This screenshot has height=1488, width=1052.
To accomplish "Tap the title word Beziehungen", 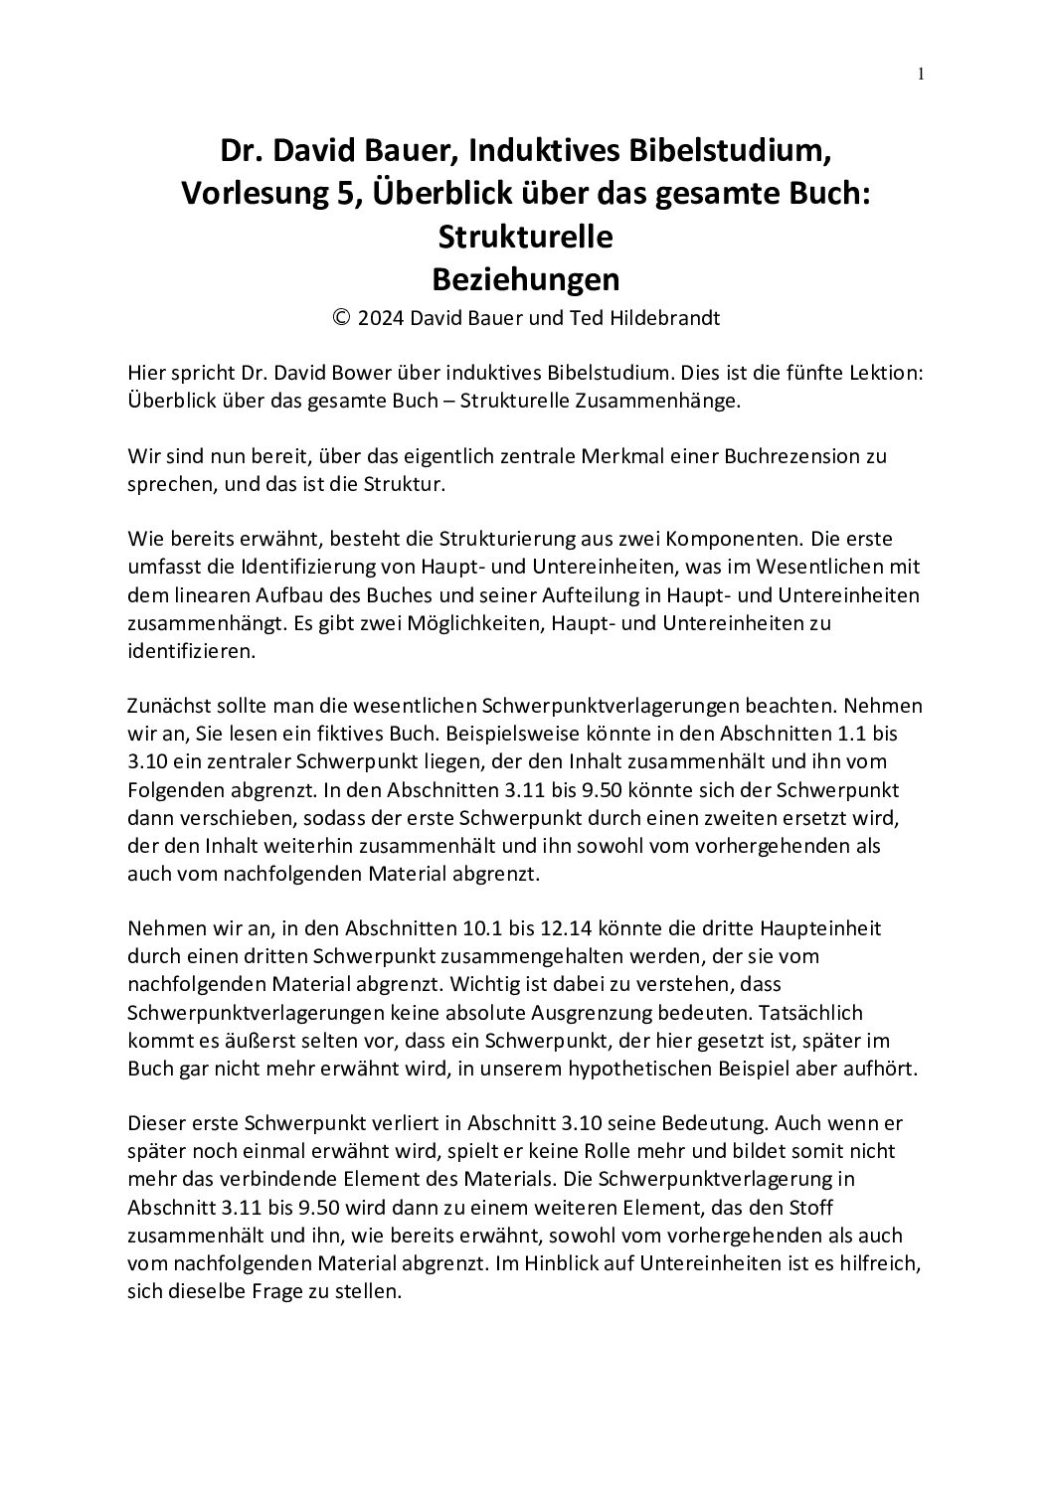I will pyautogui.click(x=526, y=279).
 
